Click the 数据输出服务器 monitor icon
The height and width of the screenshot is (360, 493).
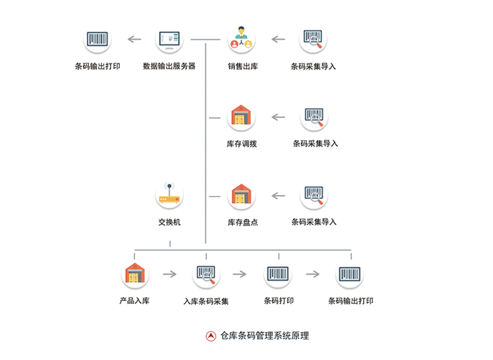click(x=170, y=40)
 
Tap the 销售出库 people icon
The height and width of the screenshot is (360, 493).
click(x=241, y=39)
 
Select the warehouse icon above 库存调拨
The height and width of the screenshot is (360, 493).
click(x=241, y=117)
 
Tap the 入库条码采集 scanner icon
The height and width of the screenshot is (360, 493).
click(x=206, y=274)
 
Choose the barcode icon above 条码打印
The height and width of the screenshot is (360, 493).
click(x=278, y=274)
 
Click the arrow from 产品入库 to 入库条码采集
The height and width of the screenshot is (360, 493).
click(x=170, y=274)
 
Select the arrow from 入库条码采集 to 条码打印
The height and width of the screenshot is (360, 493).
click(x=241, y=274)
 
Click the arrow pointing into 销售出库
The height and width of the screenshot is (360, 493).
click(x=279, y=39)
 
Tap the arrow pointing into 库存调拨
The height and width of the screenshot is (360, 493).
click(x=279, y=117)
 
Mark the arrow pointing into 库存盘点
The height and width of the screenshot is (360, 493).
click(x=279, y=196)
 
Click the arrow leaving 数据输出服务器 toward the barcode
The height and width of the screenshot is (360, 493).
click(x=134, y=39)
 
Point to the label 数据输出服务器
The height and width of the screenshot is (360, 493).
click(x=169, y=66)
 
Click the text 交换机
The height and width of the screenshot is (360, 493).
click(x=170, y=222)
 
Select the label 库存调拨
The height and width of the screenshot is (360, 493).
click(x=242, y=144)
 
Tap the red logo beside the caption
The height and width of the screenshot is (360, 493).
click(x=211, y=336)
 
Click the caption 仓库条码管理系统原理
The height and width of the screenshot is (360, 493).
click(x=265, y=336)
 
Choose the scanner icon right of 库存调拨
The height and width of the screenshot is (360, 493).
click(x=314, y=117)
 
